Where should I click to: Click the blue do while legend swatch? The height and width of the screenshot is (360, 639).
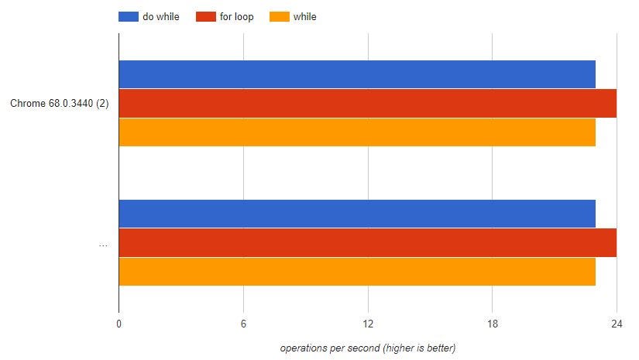pyautogui.click(x=128, y=16)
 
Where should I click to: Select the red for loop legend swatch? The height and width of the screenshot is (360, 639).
pyautogui.click(x=205, y=16)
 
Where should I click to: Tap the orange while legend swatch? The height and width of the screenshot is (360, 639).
pyautogui.click(x=279, y=16)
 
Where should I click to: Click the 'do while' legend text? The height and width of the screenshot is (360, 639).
pyautogui.click(x=161, y=16)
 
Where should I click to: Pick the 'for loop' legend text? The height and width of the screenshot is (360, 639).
pyautogui.click(x=236, y=16)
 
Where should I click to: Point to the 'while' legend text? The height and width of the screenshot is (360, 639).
pyautogui.click(x=304, y=16)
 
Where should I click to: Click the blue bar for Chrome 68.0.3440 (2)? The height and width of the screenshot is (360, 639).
pyautogui.click(x=357, y=74)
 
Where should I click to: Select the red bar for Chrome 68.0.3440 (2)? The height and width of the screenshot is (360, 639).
pyautogui.click(x=368, y=103)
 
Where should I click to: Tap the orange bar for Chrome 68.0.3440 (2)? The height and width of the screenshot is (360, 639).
pyautogui.click(x=357, y=132)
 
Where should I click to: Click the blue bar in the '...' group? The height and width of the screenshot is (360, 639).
pyautogui.click(x=357, y=214)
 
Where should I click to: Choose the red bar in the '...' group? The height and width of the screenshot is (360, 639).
pyautogui.click(x=368, y=242)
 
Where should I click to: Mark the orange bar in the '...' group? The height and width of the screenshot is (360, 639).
pyautogui.click(x=357, y=271)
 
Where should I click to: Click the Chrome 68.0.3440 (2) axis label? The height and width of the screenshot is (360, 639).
pyautogui.click(x=59, y=104)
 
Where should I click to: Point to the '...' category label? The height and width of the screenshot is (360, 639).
pyautogui.click(x=103, y=244)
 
